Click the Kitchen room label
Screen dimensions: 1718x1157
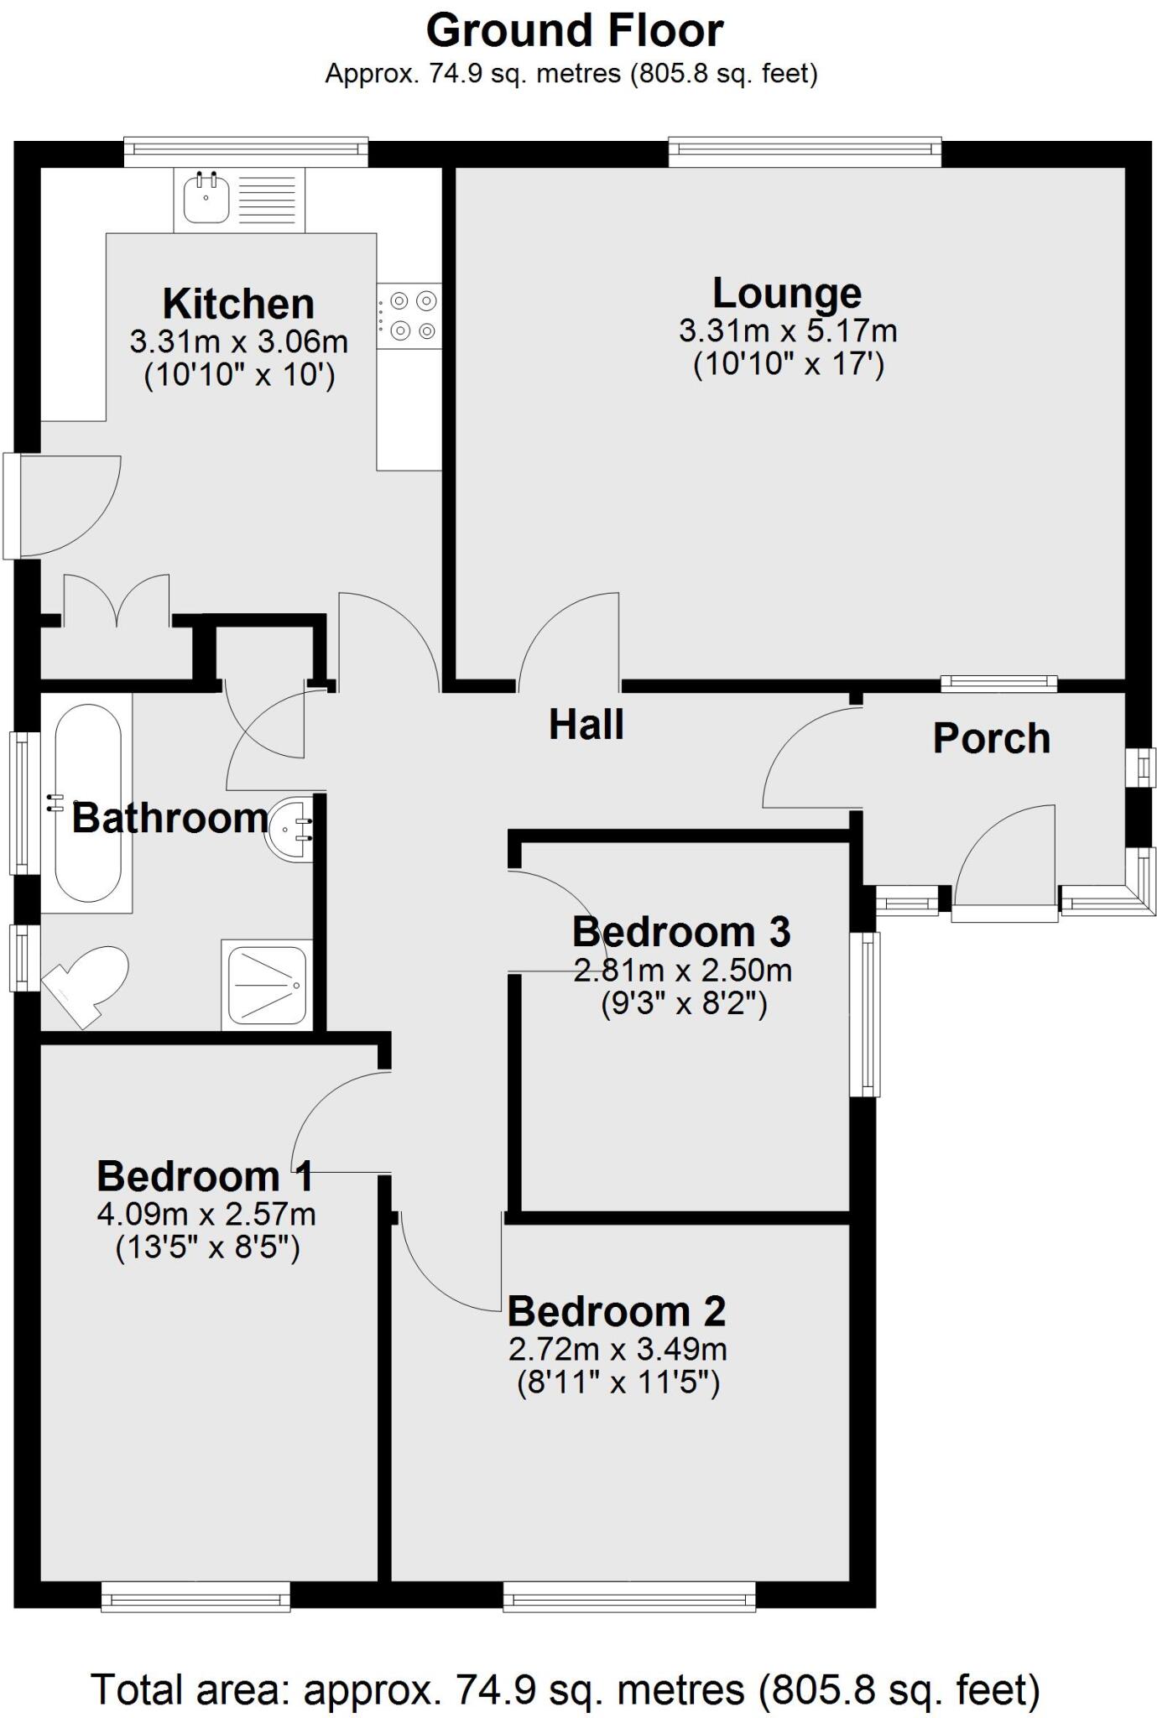pyautogui.click(x=238, y=304)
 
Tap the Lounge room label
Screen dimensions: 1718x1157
pyautogui.click(x=787, y=294)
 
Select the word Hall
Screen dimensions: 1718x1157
pyautogui.click(x=586, y=725)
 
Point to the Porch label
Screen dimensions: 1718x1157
pyautogui.click(x=991, y=738)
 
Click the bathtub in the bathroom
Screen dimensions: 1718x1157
pyautogui.click(x=87, y=804)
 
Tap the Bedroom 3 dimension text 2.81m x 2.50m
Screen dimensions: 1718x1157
pyautogui.click(x=682, y=971)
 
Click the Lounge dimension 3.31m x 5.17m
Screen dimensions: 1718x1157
pyautogui.click(x=787, y=331)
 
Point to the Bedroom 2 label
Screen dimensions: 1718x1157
pyautogui.click(x=617, y=1310)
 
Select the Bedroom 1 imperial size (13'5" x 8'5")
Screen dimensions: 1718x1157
pyautogui.click(x=206, y=1248)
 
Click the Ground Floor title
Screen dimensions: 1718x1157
pyautogui.click(x=575, y=31)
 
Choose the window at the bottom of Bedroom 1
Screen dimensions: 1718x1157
pyautogui.click(x=195, y=1596)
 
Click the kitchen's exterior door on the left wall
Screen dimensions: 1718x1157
pyautogui.click(x=15, y=506)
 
